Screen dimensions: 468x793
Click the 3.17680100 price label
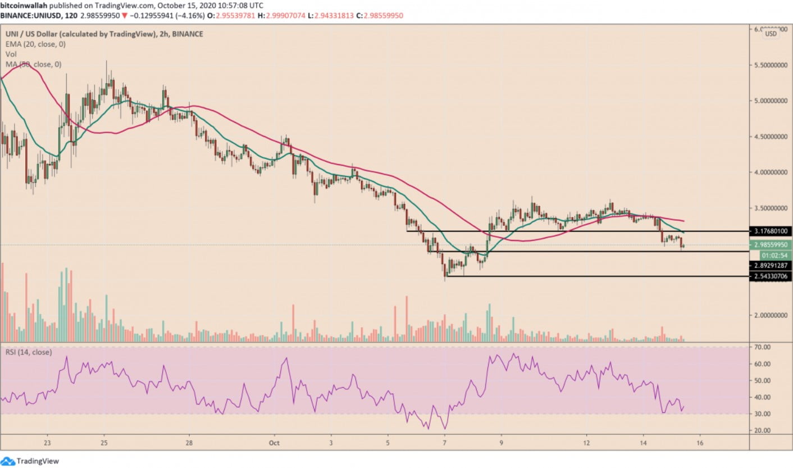[x=771, y=231]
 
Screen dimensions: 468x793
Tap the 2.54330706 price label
[x=771, y=276]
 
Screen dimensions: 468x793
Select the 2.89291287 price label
[x=771, y=265]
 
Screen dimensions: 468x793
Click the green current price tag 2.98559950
[x=771, y=245]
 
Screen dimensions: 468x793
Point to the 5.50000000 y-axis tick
[x=771, y=65]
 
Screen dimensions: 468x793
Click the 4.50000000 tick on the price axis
[x=771, y=137]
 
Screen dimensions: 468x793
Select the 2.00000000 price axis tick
[x=771, y=315]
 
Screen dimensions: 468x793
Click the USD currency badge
[x=771, y=34]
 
